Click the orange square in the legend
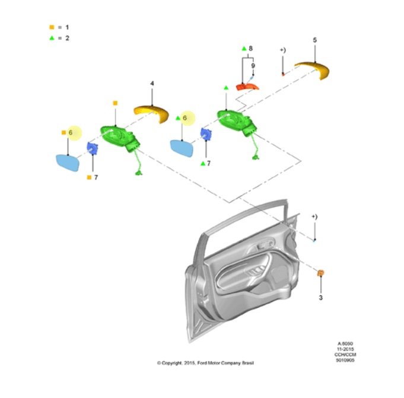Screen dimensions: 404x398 point(52,27)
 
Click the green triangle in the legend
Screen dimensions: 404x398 point(52,38)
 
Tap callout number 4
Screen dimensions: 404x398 point(152,84)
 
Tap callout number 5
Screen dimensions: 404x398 point(315,40)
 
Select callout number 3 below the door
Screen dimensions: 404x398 point(320,298)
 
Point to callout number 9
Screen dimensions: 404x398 point(253,66)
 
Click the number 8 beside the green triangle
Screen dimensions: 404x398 point(250,49)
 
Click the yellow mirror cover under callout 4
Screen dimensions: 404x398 point(151,113)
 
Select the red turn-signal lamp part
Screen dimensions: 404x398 point(247,87)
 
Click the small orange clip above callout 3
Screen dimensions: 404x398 point(321,273)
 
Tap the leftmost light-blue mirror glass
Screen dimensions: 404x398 point(68,163)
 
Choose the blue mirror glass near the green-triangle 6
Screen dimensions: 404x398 point(182,148)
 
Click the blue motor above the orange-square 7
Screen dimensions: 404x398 point(93,149)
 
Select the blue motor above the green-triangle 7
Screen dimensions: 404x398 point(206,135)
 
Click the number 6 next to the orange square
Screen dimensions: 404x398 point(71,133)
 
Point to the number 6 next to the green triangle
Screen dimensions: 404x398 point(184,118)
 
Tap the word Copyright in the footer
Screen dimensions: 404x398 point(171,363)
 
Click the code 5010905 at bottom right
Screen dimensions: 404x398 point(345,360)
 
